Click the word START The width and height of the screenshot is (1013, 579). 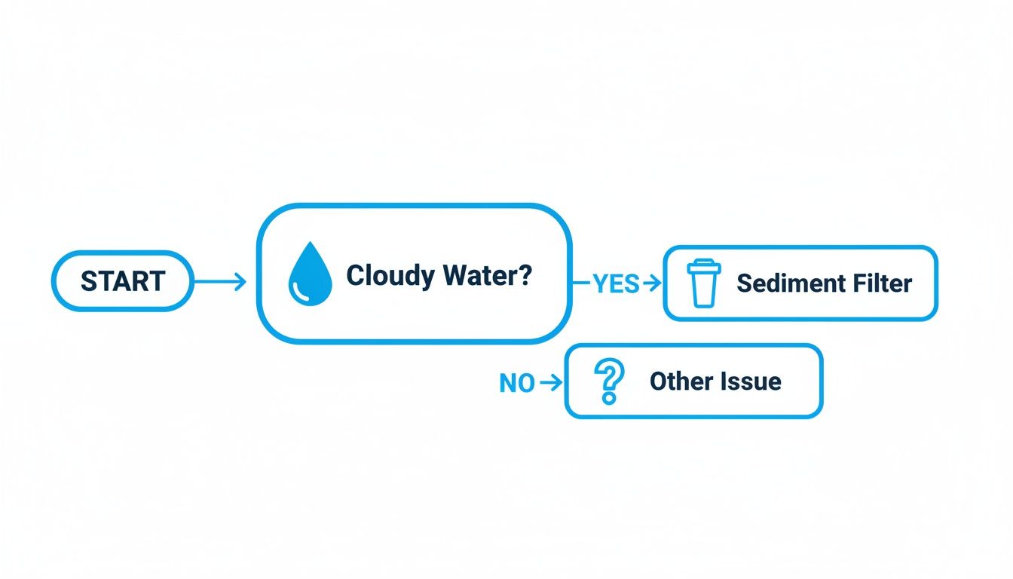point(122,281)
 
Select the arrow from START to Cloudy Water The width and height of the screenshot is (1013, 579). point(220,282)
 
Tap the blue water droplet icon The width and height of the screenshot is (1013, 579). point(309,277)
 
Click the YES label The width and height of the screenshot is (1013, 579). point(615,283)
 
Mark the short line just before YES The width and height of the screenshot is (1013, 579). point(582,283)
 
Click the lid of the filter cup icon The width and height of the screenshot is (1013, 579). point(704,265)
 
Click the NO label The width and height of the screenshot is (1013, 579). point(517,383)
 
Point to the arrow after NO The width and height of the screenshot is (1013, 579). point(552,383)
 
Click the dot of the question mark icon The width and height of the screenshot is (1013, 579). point(607,400)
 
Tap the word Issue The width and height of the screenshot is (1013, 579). point(748,381)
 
